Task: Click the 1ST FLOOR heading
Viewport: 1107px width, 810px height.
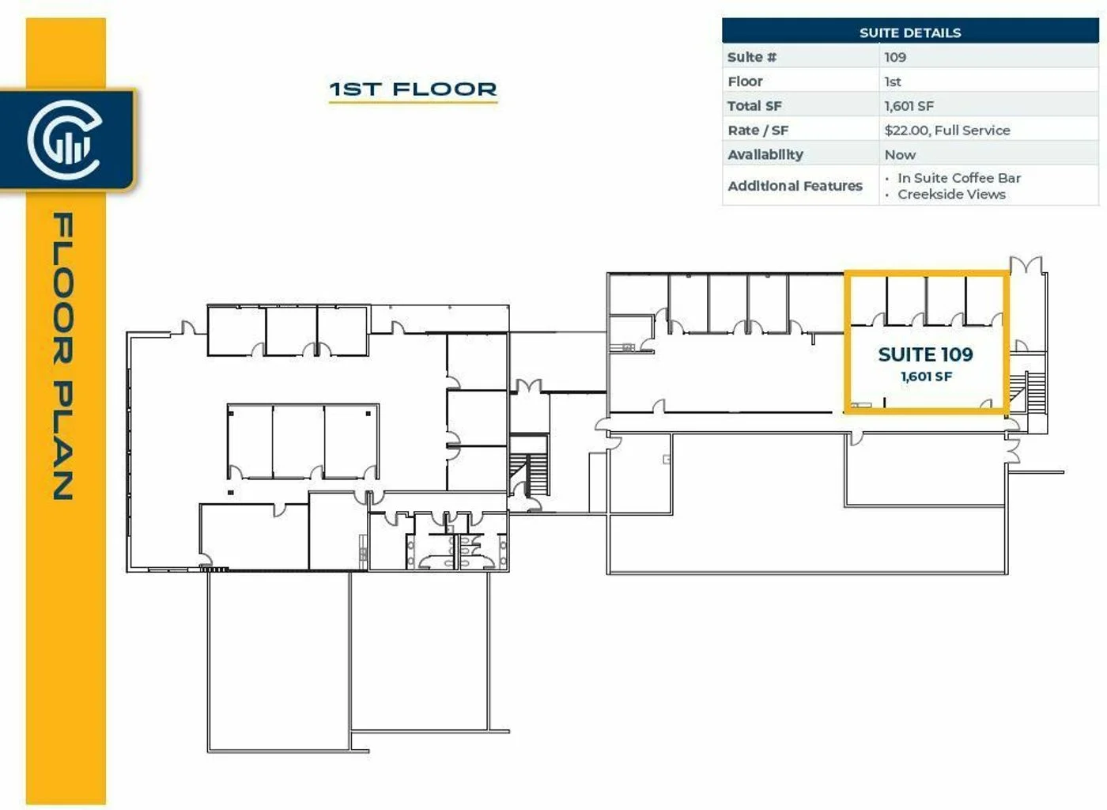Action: pyautogui.click(x=413, y=89)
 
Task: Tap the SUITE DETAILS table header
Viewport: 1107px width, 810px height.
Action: pyautogui.click(x=910, y=32)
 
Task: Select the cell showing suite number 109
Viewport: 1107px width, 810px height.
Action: pyautogui.click(x=895, y=57)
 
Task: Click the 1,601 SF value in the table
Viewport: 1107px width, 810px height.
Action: pyautogui.click(x=909, y=106)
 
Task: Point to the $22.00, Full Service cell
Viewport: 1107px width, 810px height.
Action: pyautogui.click(x=947, y=130)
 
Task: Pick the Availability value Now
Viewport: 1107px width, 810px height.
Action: pyautogui.click(x=900, y=155)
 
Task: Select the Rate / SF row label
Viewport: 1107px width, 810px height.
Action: pyautogui.click(x=758, y=131)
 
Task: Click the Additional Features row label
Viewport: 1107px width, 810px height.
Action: pyautogui.click(x=795, y=186)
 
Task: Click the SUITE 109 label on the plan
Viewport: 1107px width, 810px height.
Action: pyautogui.click(x=925, y=354)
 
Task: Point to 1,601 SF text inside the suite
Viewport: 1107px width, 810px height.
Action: pyautogui.click(x=926, y=377)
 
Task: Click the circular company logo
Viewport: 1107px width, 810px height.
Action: pyautogui.click(x=65, y=140)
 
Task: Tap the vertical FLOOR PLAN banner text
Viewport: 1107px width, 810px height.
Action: pyautogui.click(x=63, y=356)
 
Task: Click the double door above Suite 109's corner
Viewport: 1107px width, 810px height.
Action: pyautogui.click(x=1026, y=265)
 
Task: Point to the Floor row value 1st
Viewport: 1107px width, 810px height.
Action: pyautogui.click(x=893, y=81)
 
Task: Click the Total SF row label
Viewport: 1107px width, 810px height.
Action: pyautogui.click(x=754, y=106)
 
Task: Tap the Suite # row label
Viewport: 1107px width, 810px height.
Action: pyautogui.click(x=752, y=58)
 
